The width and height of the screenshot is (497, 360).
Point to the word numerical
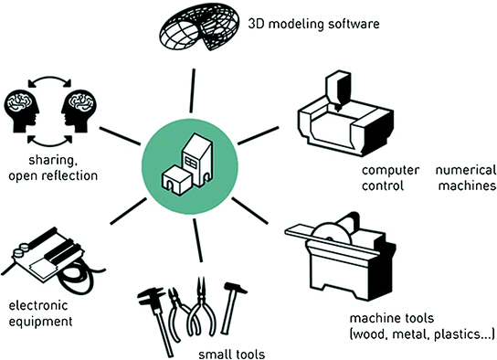click(465, 171)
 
